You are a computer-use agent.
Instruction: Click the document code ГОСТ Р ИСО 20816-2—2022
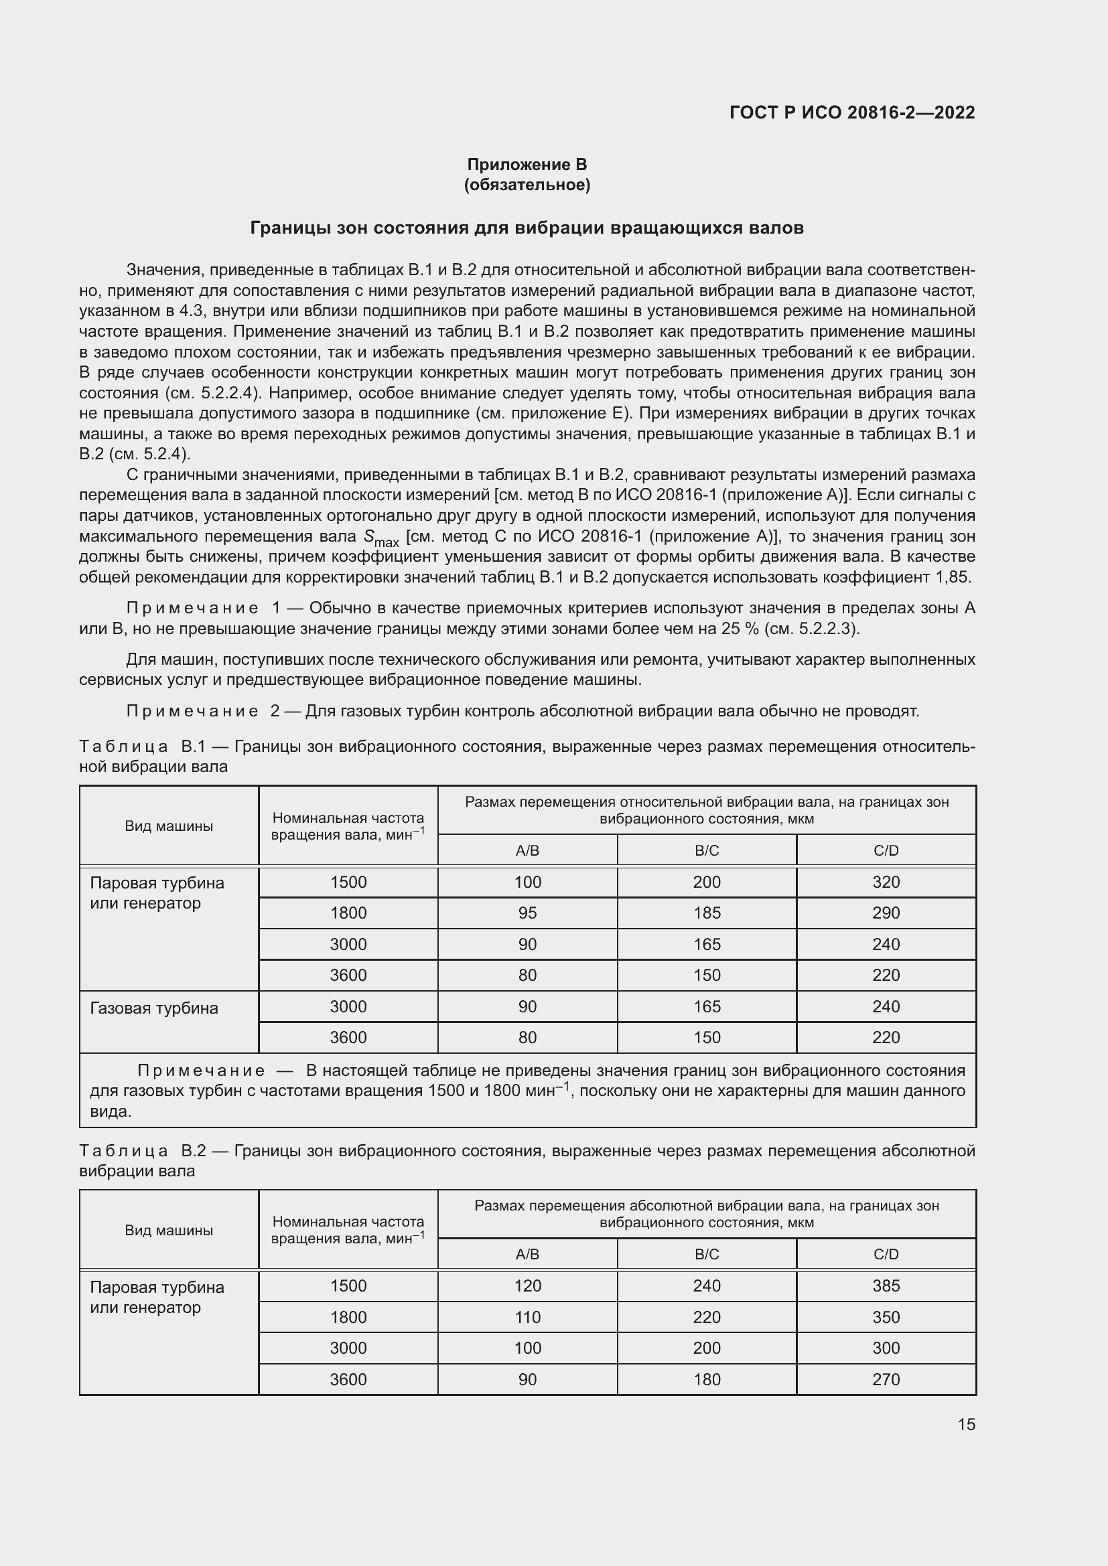click(852, 112)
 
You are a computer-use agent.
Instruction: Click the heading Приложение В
click(527, 165)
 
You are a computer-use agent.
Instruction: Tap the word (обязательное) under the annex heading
click(527, 185)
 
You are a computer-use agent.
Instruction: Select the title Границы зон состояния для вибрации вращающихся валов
click(527, 228)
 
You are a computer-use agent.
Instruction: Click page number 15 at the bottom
click(966, 1424)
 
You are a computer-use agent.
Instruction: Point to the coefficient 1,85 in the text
click(953, 577)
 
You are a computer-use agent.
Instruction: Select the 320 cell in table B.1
click(886, 882)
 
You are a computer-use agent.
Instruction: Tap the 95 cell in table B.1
click(527, 913)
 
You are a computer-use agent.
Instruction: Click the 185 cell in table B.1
click(706, 913)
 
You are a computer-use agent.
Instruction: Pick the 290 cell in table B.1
click(886, 913)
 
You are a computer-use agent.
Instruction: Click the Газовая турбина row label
click(154, 1008)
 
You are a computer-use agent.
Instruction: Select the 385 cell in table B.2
click(886, 1285)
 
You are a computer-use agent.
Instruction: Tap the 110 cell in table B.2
click(527, 1317)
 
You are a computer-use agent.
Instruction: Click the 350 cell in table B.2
click(886, 1317)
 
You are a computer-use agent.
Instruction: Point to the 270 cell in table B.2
click(886, 1379)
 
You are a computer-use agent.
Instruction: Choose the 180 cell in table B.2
click(706, 1379)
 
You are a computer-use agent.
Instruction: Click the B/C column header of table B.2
click(706, 1254)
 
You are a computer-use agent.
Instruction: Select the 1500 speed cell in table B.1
click(348, 882)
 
